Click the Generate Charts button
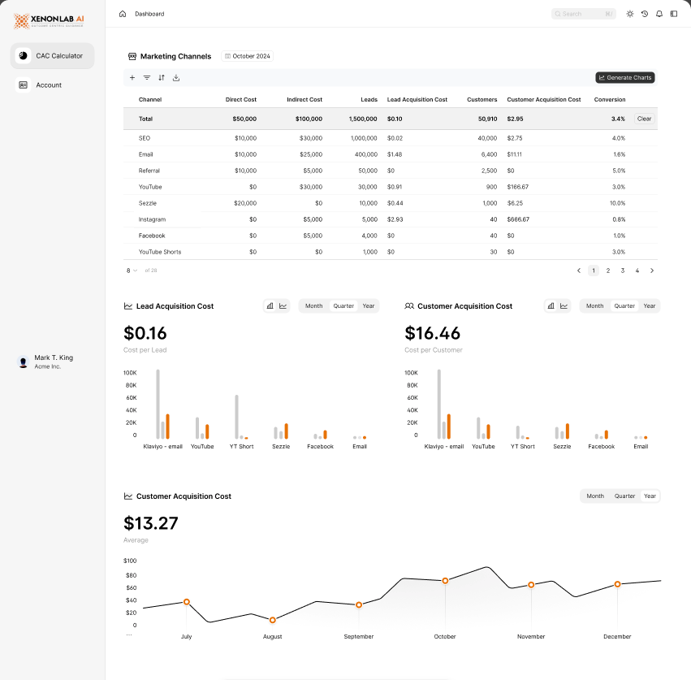pyautogui.click(x=624, y=78)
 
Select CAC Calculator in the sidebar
pyautogui.click(x=53, y=56)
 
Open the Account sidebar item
pyautogui.click(x=48, y=84)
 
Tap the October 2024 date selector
pyautogui.click(x=248, y=56)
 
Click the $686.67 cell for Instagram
pyautogui.click(x=518, y=219)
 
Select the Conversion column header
pyautogui.click(x=610, y=99)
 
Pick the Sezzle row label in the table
pyautogui.click(x=148, y=203)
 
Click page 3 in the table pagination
pyautogui.click(x=623, y=271)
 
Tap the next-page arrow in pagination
pyautogui.click(x=652, y=271)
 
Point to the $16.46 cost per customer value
pyautogui.click(x=432, y=333)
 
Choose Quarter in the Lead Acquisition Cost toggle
pyautogui.click(x=343, y=306)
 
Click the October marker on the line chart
pyautogui.click(x=445, y=581)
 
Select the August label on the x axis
pyautogui.click(x=272, y=637)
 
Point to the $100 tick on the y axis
pyautogui.click(x=130, y=561)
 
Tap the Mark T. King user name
pyautogui.click(x=54, y=357)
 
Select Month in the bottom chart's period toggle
pyautogui.click(x=595, y=496)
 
